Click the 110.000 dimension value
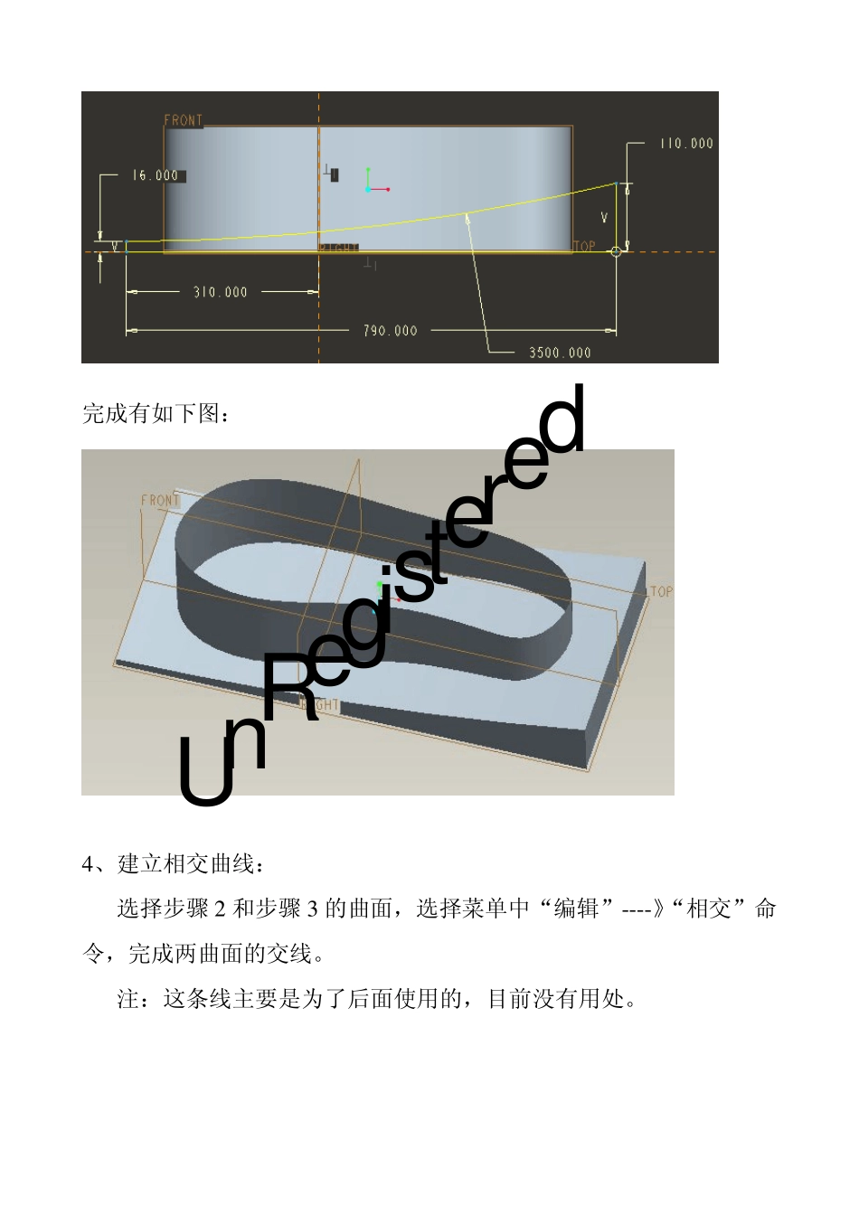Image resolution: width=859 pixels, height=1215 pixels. [686, 143]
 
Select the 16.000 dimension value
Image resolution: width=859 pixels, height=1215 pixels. [156, 175]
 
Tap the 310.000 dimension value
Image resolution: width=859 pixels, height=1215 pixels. [220, 292]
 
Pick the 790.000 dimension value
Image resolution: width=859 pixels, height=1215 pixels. [390, 331]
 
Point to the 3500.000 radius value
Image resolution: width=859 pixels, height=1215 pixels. [560, 353]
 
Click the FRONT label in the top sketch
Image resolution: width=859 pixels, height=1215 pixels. [184, 120]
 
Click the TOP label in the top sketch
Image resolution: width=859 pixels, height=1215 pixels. [584, 246]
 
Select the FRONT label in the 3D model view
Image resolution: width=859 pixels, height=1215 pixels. [160, 500]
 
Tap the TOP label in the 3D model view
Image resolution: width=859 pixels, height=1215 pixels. [661, 591]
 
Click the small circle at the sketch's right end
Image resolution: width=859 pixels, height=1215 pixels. [617, 252]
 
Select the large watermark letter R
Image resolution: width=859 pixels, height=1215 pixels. [289, 687]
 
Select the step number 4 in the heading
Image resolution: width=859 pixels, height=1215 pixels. [88, 864]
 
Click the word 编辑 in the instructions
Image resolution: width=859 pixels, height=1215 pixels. [576, 909]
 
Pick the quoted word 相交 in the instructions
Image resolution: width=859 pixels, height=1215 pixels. [709, 909]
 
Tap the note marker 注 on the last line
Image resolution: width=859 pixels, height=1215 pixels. [128, 999]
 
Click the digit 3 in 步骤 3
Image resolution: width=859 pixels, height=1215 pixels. [312, 909]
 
